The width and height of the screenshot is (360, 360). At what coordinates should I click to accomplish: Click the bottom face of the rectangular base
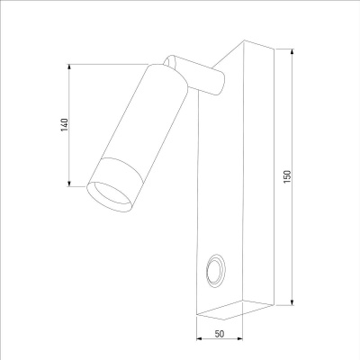point(220,310)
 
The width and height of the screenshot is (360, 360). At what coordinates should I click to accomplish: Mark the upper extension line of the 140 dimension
point(108,63)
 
